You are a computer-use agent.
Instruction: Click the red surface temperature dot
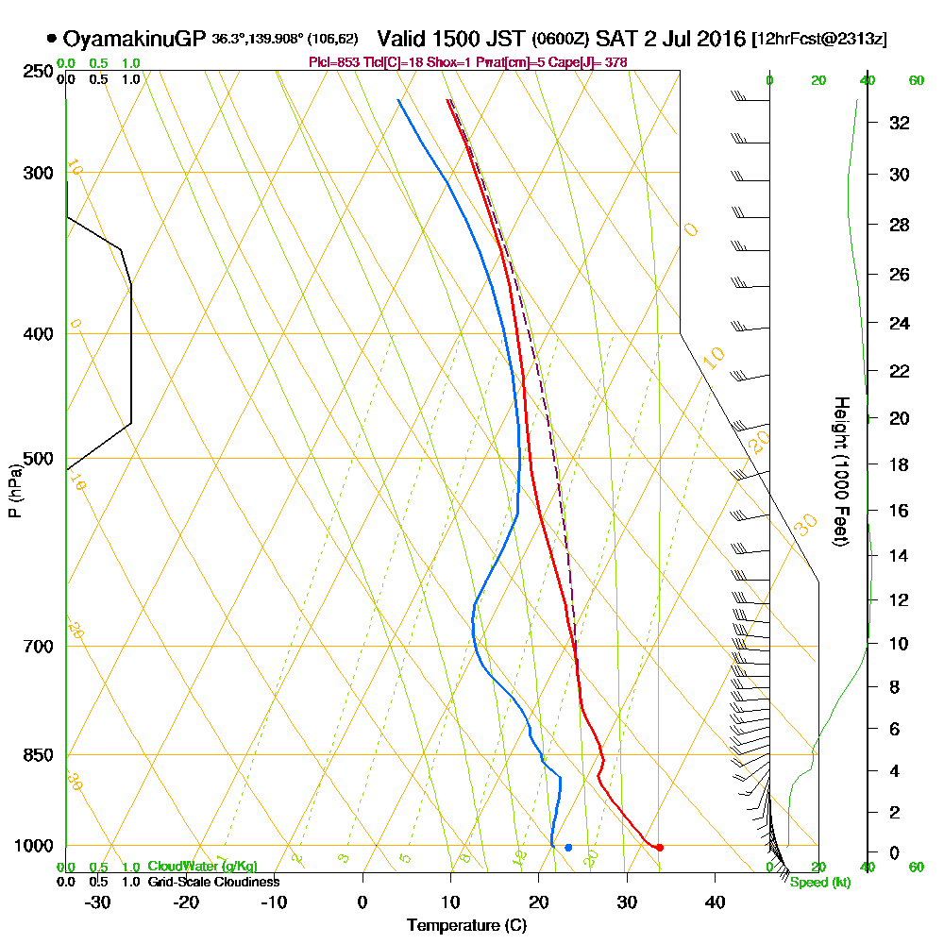pos(659,848)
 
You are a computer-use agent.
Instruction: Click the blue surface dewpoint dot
pos(568,848)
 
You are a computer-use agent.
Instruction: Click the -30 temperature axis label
pos(98,902)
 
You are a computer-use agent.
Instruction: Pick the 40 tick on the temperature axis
pos(715,902)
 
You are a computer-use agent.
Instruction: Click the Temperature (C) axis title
pos(466,925)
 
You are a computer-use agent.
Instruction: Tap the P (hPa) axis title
pos(14,491)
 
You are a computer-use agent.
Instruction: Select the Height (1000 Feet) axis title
pos(839,471)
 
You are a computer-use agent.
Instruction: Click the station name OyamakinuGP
pos(134,39)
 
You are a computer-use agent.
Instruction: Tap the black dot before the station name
pos(51,39)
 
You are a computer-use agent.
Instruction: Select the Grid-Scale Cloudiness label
pos(213,882)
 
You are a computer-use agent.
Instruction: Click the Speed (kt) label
pos(819,883)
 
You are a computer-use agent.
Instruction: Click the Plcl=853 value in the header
pos(331,62)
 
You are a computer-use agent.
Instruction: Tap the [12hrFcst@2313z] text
pos(818,40)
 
